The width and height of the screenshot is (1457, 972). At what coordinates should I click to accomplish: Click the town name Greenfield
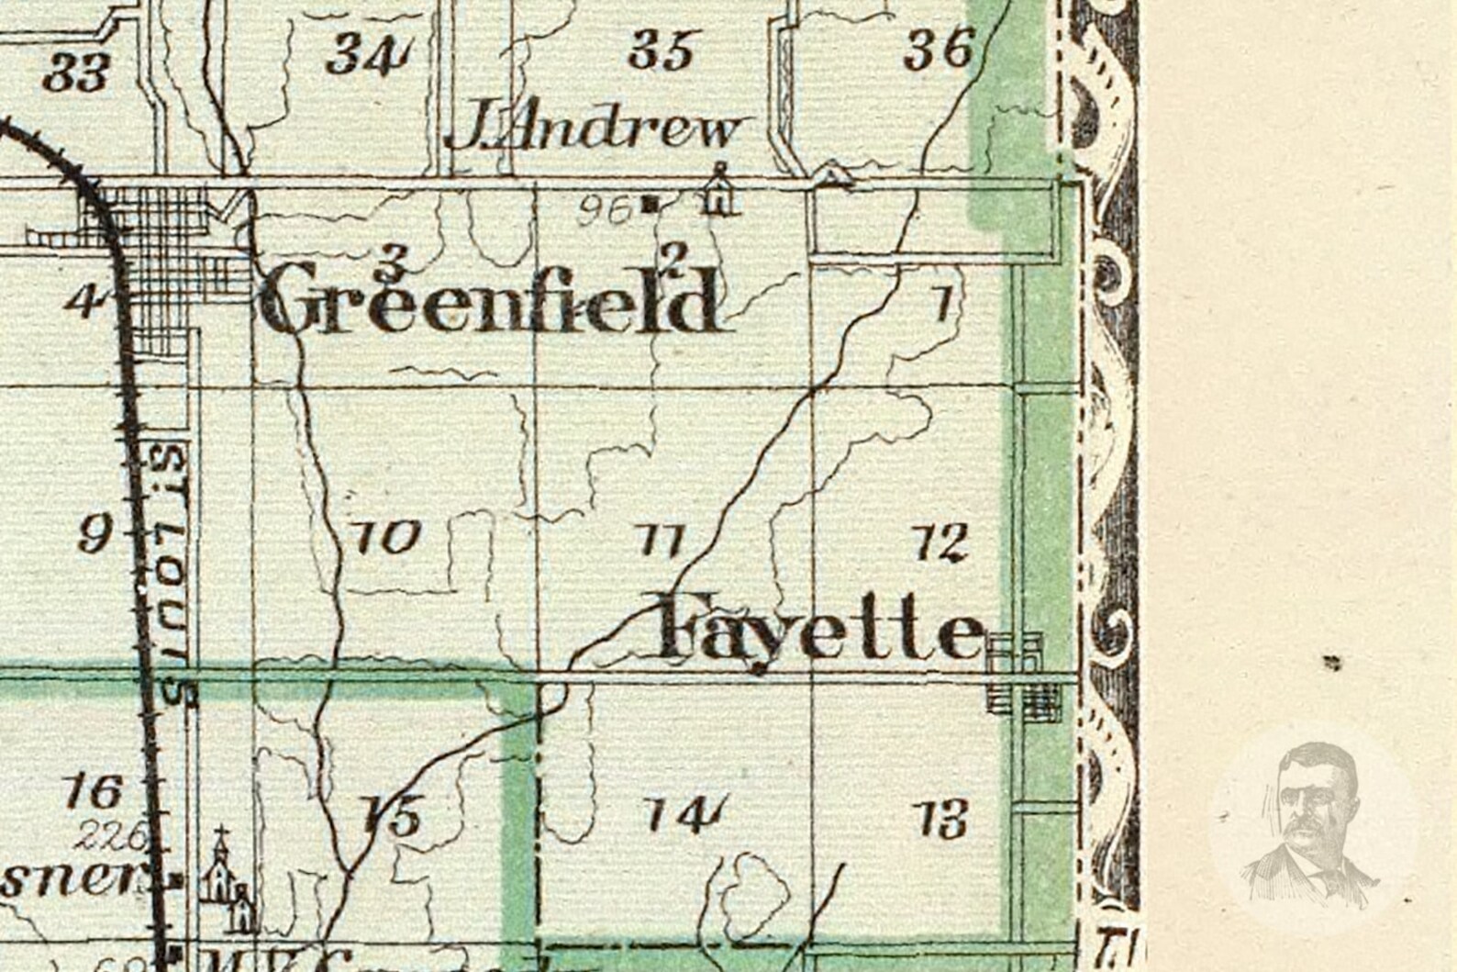489,299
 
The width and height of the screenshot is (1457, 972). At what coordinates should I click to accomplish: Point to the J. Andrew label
595,130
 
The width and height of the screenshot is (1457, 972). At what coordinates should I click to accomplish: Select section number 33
76,72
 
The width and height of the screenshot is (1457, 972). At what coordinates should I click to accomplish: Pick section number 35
660,50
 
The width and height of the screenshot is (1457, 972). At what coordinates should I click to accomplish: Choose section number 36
938,48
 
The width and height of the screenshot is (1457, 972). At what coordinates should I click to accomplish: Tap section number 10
386,537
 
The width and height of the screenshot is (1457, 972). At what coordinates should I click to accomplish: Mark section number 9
95,533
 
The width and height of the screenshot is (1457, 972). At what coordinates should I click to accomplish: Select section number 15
392,815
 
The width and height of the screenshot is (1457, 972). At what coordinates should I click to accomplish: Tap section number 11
661,541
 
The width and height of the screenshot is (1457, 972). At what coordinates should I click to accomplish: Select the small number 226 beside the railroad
112,836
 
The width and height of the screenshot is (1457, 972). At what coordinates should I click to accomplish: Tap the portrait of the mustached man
1313,823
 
